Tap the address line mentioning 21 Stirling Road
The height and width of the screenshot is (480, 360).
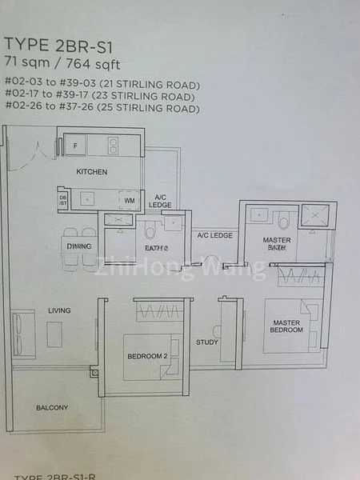click(x=102, y=84)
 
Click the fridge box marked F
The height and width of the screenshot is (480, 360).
click(x=75, y=146)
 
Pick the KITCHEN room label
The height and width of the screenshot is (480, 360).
click(x=91, y=172)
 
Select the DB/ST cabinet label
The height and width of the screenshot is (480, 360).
click(x=63, y=200)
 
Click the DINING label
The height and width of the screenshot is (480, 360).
click(x=78, y=246)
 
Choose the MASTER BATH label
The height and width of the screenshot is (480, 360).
click(x=276, y=244)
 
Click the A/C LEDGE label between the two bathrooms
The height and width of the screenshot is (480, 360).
click(x=214, y=235)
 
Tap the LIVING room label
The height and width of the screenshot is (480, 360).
click(x=59, y=310)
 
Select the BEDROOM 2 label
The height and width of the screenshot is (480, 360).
click(x=146, y=356)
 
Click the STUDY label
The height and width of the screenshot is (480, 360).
click(x=206, y=342)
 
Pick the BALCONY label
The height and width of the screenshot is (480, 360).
click(x=52, y=408)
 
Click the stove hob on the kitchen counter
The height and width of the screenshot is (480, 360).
click(x=114, y=146)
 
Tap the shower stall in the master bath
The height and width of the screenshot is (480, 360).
click(x=314, y=217)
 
